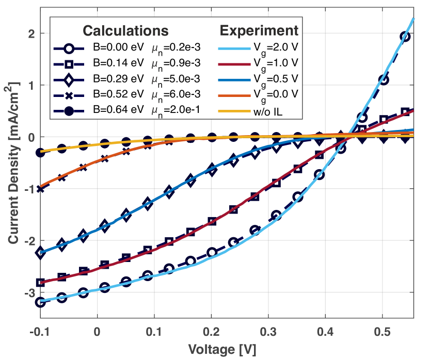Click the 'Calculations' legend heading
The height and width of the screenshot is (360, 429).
pyautogui.click(x=126, y=30)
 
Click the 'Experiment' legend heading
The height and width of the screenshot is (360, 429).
pyautogui.click(x=259, y=30)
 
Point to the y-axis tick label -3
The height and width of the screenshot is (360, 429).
pyautogui.click(x=28, y=293)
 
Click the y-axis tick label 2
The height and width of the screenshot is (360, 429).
pyautogui.click(x=31, y=34)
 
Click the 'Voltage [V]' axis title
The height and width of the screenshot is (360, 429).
pyautogui.click(x=222, y=349)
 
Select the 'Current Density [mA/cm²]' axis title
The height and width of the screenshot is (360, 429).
pyautogui.click(x=12, y=162)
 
